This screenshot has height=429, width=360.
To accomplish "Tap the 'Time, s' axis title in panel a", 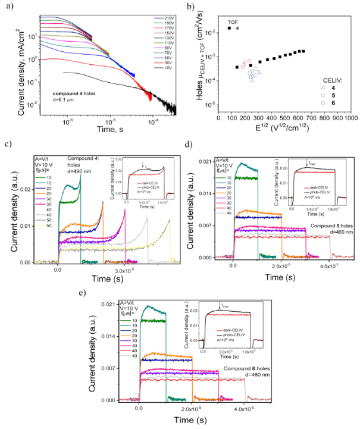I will [x=99, y=126].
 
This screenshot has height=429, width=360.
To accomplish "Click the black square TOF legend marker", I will [x=230, y=28].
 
